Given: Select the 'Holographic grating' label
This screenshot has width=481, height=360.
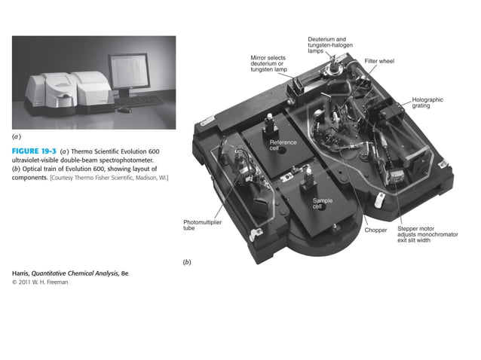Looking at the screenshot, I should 427,102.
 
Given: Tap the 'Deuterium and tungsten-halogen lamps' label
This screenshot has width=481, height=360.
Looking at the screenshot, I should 326,44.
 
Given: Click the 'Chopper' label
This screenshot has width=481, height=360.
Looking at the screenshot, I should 375,230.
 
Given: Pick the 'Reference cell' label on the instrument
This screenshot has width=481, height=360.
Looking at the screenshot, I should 283,145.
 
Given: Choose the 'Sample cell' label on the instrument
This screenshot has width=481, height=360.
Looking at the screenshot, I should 322,203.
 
